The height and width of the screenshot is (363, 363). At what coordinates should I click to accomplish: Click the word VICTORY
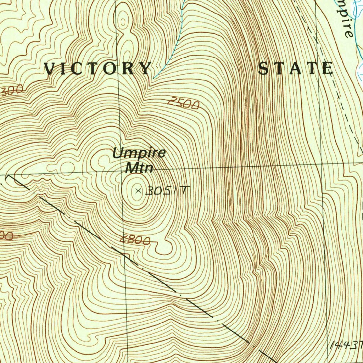click(97, 68)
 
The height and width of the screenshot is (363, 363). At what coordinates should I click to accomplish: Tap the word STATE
click(295, 68)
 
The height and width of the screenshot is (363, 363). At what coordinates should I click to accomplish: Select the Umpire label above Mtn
click(139, 153)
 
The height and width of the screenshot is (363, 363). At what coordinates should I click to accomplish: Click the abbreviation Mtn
click(139, 167)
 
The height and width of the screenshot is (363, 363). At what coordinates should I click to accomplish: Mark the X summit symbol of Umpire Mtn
click(138, 191)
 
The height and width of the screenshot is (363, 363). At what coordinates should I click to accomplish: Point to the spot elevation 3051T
click(166, 191)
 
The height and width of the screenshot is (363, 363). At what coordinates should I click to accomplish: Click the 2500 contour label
click(183, 104)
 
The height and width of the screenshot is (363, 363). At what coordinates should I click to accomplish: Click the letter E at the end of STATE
click(327, 68)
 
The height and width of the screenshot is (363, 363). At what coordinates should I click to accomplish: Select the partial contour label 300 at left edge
click(11, 91)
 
